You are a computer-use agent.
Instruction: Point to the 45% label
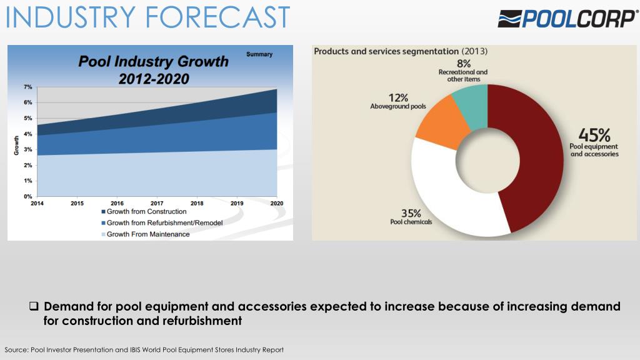[594, 135]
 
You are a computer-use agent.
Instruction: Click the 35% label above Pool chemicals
[411, 213]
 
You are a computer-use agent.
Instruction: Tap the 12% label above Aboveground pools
[398, 98]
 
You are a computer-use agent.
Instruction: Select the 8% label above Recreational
[464, 64]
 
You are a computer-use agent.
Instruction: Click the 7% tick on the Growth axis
[27, 87]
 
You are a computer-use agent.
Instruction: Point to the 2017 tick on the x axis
[157, 203]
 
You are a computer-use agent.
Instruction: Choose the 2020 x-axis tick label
[277, 203]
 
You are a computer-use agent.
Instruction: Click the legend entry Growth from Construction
[144, 211]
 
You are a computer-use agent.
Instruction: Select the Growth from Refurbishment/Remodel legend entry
[162, 223]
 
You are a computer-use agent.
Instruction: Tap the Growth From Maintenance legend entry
[145, 234]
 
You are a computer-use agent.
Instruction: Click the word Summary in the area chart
[259, 54]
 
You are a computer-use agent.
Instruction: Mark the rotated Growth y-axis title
[16, 145]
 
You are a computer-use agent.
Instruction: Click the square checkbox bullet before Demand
[34, 306]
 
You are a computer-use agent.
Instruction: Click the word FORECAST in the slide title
[217, 17]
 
